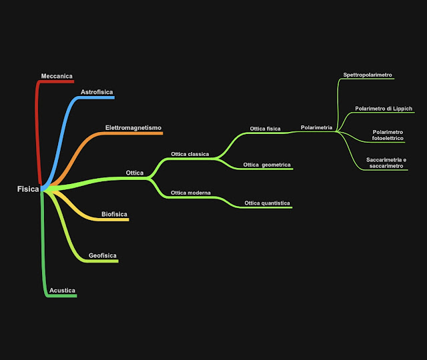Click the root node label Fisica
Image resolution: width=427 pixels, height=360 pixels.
pyautogui.click(x=28, y=189)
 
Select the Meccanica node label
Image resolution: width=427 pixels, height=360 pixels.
pyautogui.click(x=57, y=76)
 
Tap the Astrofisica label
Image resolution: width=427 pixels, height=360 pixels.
pyautogui.click(x=97, y=92)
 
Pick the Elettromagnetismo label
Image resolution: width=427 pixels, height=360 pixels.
pyautogui.click(x=133, y=127)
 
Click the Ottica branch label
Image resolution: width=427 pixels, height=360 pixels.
pyautogui.click(x=135, y=173)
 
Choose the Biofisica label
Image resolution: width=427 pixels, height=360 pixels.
pyautogui.click(x=114, y=214)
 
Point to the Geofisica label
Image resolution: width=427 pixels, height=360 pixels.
pyautogui.click(x=103, y=255)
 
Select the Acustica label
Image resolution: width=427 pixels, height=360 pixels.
pyautogui.click(x=62, y=291)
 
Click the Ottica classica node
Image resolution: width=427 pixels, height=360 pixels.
pyautogui.click(x=189, y=154)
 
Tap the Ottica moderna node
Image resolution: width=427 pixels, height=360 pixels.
pyautogui.click(x=191, y=193)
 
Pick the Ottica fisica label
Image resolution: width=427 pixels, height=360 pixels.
pyautogui.click(x=265, y=129)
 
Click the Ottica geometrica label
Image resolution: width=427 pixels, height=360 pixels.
pyautogui.click(x=267, y=164)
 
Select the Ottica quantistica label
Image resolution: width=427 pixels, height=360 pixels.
pyautogui.click(x=267, y=203)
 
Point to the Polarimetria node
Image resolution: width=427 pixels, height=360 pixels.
pyautogui.click(x=316, y=127)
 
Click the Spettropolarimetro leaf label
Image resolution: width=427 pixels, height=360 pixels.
pyautogui.click(x=367, y=75)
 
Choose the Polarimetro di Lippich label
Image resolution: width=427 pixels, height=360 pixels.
pyautogui.click(x=384, y=108)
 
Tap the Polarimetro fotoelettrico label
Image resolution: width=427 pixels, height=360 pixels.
pyautogui.click(x=388, y=135)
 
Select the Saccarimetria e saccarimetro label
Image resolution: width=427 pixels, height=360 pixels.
pyautogui.click(x=386, y=163)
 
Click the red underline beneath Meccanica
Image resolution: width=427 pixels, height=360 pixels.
pyautogui.click(x=57, y=81)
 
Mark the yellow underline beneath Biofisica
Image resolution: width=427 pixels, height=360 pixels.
pyautogui.click(x=114, y=219)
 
